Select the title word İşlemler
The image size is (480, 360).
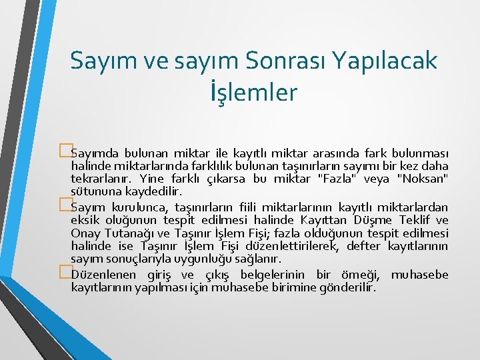click(x=253, y=92)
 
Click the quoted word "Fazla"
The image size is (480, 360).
click(x=342, y=178)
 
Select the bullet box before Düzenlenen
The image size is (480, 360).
click(x=65, y=272)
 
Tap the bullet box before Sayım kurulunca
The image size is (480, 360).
click(x=65, y=203)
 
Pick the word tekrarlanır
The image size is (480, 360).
click(x=101, y=178)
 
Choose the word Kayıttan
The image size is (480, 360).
click(x=325, y=220)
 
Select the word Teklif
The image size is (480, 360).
click(x=413, y=220)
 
